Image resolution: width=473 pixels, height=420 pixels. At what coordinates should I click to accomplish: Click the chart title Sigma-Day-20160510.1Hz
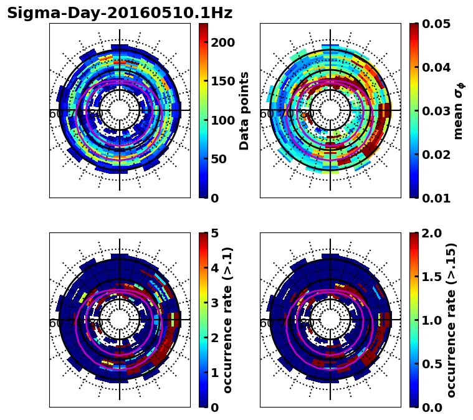point(119,13)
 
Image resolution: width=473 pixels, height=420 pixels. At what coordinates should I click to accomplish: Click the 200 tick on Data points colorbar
point(222,42)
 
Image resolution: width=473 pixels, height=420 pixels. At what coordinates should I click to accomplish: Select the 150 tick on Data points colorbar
point(222,81)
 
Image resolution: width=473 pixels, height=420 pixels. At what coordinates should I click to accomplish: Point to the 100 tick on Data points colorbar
point(222,120)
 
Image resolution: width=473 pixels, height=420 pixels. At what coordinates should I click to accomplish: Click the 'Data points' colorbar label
point(244,111)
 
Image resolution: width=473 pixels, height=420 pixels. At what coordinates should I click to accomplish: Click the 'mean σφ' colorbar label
point(459,111)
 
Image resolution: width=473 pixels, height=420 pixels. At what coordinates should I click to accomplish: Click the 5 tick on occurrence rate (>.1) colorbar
point(215,234)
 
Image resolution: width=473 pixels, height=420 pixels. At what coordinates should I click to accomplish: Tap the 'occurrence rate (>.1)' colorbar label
point(228,320)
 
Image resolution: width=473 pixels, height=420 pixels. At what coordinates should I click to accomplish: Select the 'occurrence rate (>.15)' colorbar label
point(452,320)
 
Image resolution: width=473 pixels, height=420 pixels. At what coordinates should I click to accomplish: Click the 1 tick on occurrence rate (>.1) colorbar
point(215,373)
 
